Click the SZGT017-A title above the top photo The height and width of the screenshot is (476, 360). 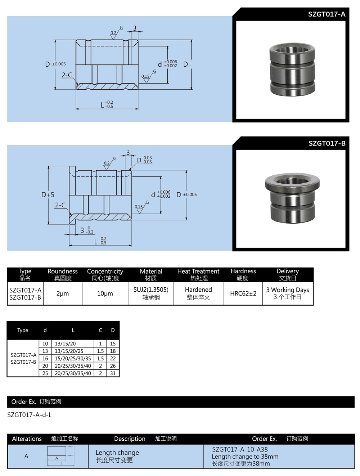(x=326, y=14)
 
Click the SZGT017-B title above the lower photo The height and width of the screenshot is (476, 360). (x=327, y=143)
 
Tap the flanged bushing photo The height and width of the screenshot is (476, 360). (x=292, y=198)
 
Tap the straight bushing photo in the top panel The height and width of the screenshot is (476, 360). (x=292, y=70)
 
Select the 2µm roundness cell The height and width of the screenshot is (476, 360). (x=63, y=293)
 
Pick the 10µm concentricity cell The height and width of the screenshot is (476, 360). (x=105, y=293)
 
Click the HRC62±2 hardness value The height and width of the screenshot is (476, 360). (x=243, y=293)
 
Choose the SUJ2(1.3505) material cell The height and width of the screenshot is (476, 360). (x=151, y=290)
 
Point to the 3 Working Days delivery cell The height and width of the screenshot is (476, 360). (x=287, y=290)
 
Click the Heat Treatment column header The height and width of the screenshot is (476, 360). (x=198, y=271)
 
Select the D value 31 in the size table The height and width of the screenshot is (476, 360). (x=113, y=373)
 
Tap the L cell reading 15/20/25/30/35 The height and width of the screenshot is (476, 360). (x=73, y=359)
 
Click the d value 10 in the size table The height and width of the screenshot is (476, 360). (x=45, y=344)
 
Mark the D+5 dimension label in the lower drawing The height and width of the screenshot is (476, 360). (x=48, y=195)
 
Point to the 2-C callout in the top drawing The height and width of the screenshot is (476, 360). (x=67, y=75)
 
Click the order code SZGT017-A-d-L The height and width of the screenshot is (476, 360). (x=30, y=415)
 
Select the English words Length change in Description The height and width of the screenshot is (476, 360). (x=117, y=453)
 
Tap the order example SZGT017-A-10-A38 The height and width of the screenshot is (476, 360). (x=240, y=449)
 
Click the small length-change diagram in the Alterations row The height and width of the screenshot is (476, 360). (x=60, y=456)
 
